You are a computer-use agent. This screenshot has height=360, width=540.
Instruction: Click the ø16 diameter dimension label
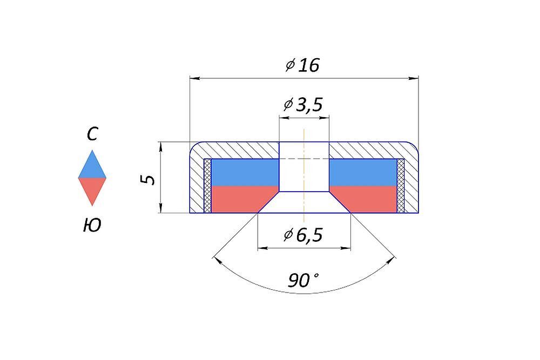(x=303, y=65)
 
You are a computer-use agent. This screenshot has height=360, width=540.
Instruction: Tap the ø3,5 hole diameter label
(x=303, y=105)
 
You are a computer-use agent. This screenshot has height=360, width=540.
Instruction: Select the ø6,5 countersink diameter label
(x=303, y=235)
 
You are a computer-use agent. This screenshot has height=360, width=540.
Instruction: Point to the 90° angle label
(x=303, y=280)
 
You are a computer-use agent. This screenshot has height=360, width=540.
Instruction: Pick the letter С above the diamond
(x=92, y=134)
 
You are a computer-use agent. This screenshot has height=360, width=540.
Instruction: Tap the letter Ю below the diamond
(x=92, y=226)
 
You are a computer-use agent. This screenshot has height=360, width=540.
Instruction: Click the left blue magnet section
(x=245, y=172)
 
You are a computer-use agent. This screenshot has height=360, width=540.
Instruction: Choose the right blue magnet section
(x=363, y=172)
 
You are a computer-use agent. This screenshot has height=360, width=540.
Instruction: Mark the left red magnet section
(x=239, y=199)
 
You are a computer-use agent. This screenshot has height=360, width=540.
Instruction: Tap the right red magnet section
(x=368, y=199)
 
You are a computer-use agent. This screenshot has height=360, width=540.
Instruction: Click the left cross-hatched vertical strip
(x=207, y=186)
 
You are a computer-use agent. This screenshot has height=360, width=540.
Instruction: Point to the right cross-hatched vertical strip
(x=401, y=186)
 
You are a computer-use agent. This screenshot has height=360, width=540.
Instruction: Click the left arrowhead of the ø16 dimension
(x=195, y=78)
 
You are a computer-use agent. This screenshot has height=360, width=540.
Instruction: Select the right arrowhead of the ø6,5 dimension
(x=346, y=248)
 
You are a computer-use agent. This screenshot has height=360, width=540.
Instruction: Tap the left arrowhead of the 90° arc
(x=217, y=260)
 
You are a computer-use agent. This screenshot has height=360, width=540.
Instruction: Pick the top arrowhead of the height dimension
(x=161, y=147)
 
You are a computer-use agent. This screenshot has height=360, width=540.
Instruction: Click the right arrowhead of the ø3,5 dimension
(x=324, y=118)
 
